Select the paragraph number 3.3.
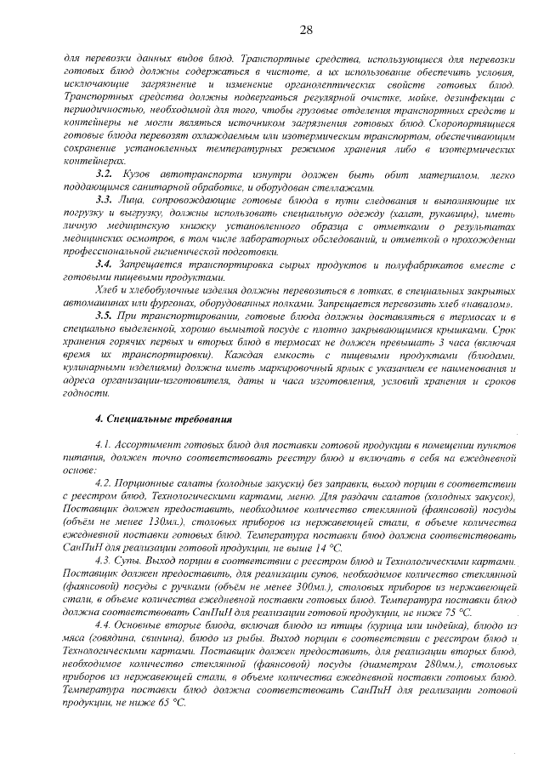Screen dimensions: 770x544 105,198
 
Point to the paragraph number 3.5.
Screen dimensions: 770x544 105,315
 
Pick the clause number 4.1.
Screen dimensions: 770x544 104,445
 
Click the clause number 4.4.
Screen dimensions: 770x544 105,625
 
